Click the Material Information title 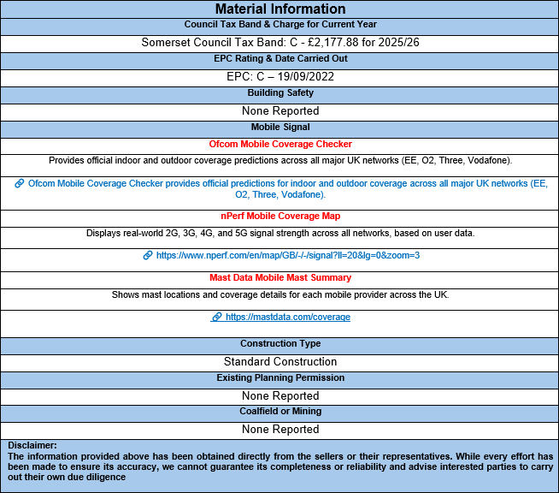click(280, 9)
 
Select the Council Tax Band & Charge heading click(280, 24)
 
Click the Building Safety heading click(280, 92)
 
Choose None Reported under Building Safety click(280, 110)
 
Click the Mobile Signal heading click(280, 127)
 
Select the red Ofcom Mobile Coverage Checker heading click(280, 144)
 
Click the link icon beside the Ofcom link click(19, 183)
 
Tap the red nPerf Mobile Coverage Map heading click(280, 216)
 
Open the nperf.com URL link click(288, 255)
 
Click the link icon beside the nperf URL click(148, 255)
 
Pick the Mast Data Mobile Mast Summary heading click(280, 277)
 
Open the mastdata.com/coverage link click(288, 317)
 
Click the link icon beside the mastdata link click(216, 317)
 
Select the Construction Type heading click(280, 343)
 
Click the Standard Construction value click(280, 361)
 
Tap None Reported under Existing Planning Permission click(280, 395)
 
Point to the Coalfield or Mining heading click(280, 411)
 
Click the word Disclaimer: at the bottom click(32, 445)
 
